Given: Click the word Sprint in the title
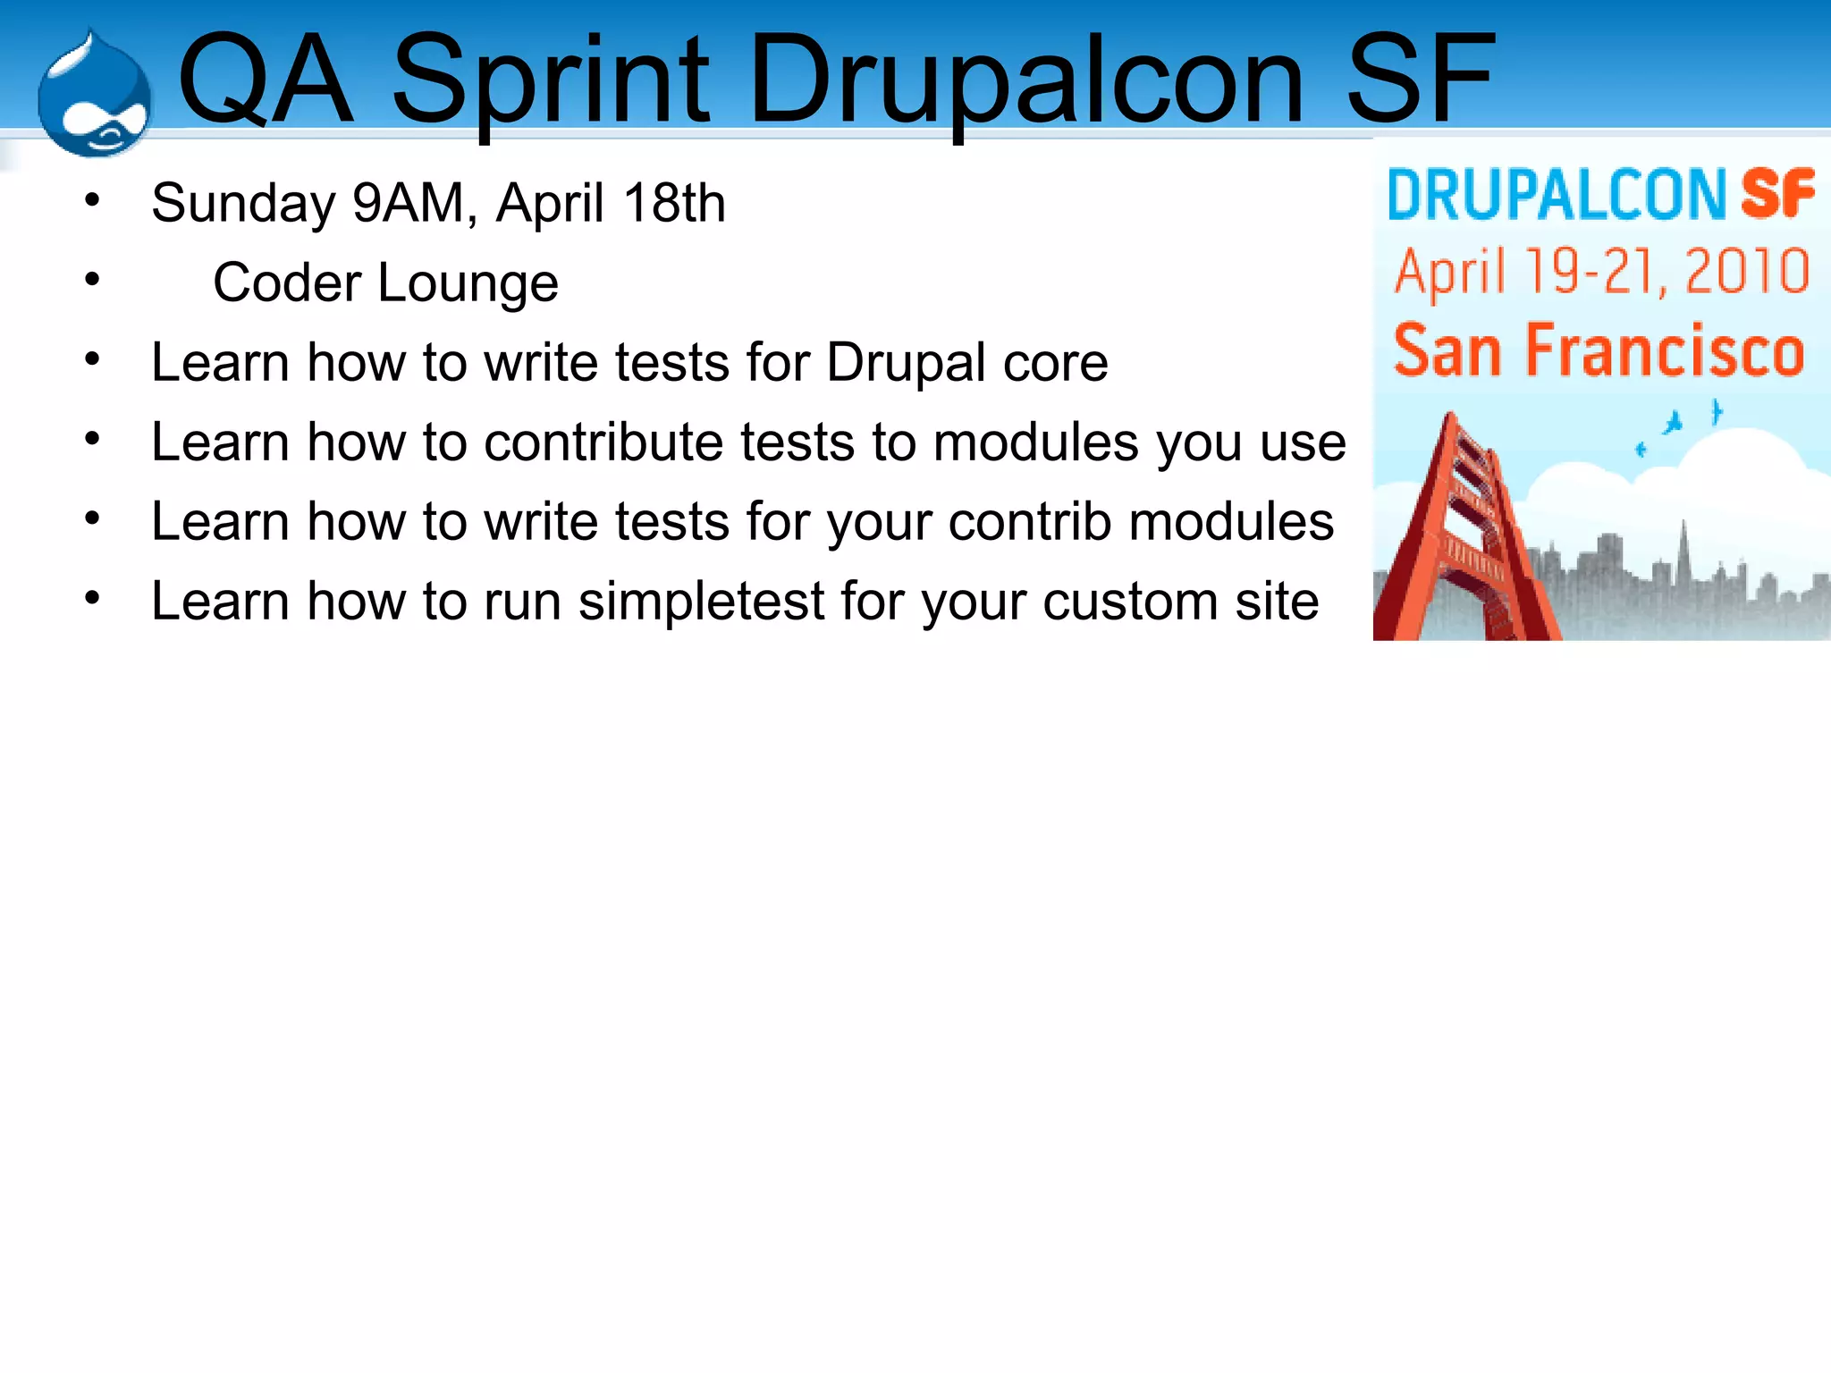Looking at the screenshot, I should pos(550,80).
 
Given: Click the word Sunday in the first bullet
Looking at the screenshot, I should pos(242,204).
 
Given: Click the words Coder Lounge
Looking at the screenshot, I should pos(385,283).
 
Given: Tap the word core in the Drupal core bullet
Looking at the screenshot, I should pos(1055,363).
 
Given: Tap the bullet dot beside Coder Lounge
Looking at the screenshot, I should pos(92,280).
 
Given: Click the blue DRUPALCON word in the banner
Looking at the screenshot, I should pos(1556,194).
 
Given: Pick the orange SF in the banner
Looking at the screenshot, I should pos(1777,194).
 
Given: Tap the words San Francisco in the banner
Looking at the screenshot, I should pos(1599,350).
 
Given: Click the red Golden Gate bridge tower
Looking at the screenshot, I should pos(1466,536).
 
